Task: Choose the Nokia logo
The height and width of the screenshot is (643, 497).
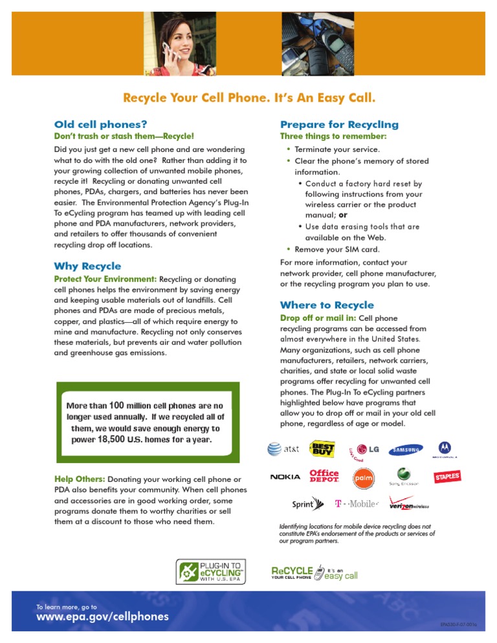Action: (x=285, y=477)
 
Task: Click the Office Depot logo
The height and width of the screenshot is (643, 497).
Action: (x=324, y=477)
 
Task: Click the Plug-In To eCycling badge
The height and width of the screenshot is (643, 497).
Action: (x=212, y=572)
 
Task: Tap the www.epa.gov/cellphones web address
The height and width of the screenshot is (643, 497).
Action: (x=102, y=616)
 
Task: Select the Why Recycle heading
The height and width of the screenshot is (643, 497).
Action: (x=87, y=266)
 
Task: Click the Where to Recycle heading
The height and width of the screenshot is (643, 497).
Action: (x=327, y=305)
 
